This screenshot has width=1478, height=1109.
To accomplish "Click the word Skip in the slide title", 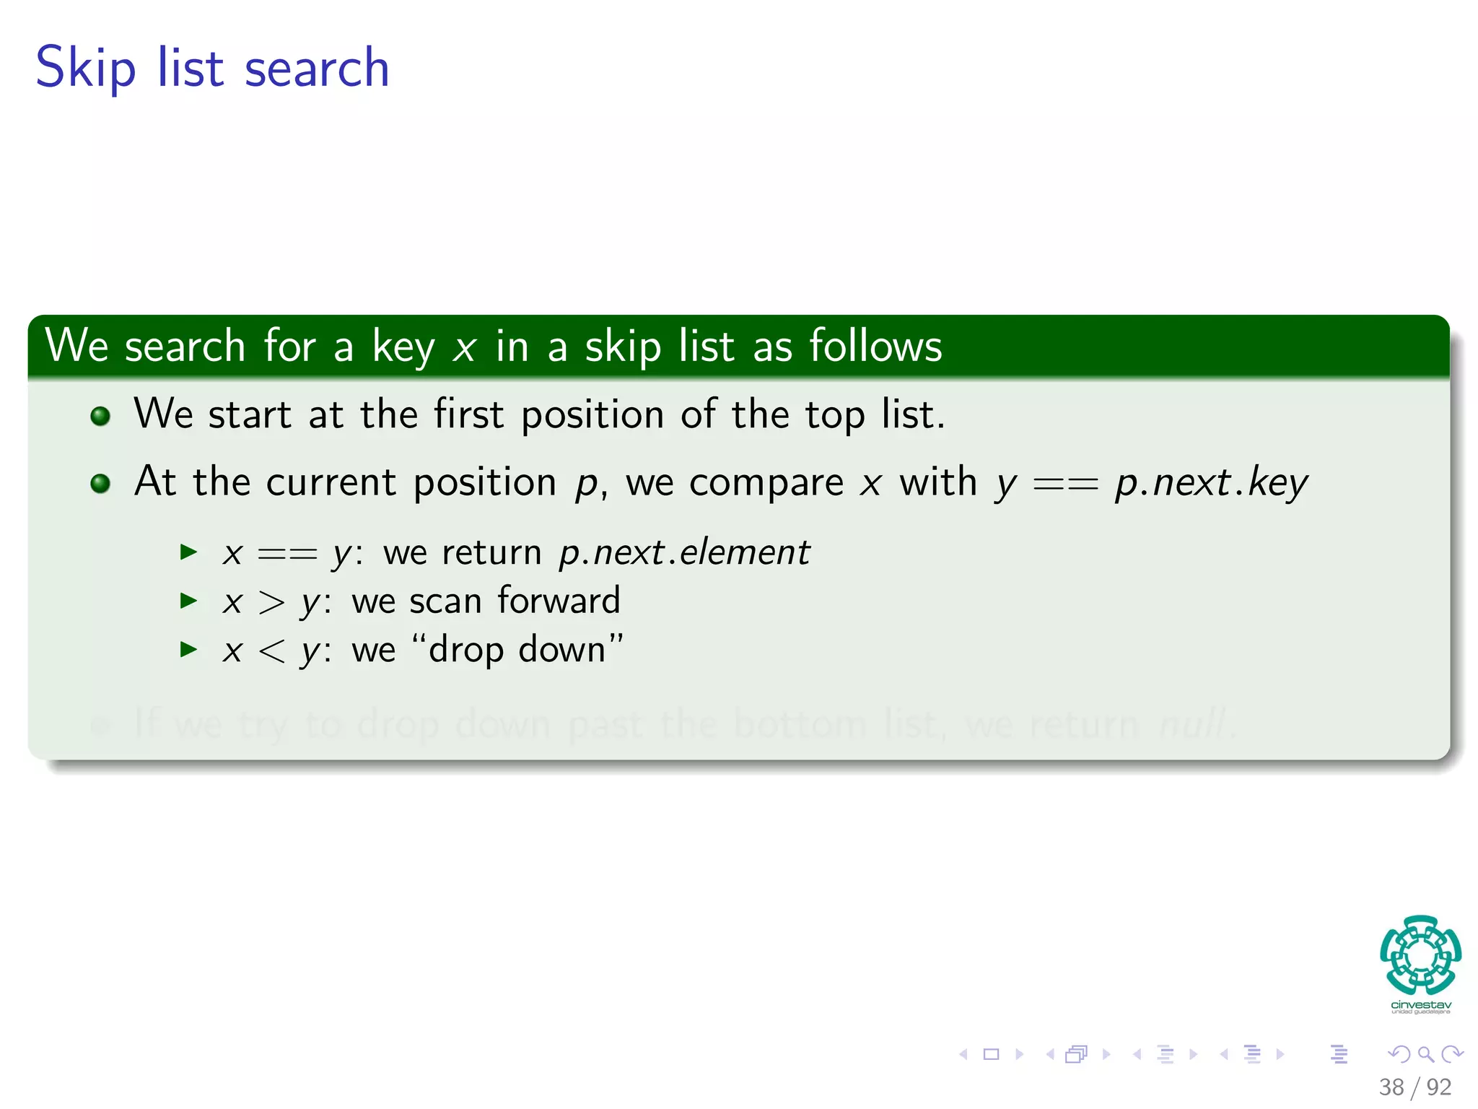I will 85,69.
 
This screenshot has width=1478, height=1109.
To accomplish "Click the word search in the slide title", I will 317,69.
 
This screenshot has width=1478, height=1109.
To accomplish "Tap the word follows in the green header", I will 875,346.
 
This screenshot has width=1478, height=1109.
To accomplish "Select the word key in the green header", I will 403,347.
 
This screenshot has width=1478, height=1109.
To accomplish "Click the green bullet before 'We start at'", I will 100,416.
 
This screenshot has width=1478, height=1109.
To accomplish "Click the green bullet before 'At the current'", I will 100,483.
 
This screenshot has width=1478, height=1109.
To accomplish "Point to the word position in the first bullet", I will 592,415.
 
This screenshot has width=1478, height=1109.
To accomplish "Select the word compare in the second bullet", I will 766,483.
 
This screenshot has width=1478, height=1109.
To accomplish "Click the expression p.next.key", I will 1211,483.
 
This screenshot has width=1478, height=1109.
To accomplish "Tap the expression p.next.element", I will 684,553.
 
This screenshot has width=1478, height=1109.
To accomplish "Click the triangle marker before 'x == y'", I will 188,553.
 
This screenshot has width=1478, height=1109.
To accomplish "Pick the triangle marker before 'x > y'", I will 188,601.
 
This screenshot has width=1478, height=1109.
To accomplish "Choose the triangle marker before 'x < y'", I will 188,649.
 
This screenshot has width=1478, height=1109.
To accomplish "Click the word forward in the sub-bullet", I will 559,601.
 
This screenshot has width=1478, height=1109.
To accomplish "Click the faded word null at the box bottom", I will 1192,723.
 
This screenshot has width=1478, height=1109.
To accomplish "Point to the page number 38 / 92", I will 1414,1087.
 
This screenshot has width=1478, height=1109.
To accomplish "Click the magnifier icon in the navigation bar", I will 1425,1054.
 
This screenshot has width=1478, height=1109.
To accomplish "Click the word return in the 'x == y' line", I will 491,553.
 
